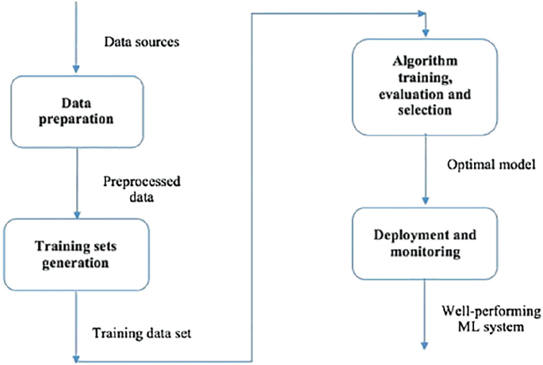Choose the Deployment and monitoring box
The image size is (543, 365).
[x=426, y=242]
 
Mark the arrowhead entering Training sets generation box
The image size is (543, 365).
[x=75, y=215]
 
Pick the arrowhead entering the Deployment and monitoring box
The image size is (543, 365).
[x=426, y=202]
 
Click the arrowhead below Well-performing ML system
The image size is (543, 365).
[x=426, y=346]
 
